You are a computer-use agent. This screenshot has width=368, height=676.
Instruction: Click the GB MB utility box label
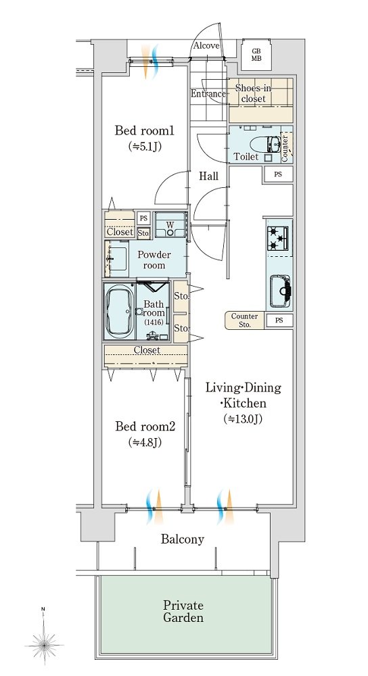tap(256, 55)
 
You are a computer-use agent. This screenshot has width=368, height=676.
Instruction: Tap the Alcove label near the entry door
tap(206, 46)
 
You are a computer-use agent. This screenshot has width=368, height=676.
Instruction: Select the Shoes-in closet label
tap(253, 93)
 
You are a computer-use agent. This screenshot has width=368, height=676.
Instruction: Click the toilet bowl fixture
tap(275, 143)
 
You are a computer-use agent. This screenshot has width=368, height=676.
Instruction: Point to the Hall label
tap(208, 176)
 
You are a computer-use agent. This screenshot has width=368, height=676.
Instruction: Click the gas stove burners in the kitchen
tap(278, 239)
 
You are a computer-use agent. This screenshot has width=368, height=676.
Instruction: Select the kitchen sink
tap(281, 291)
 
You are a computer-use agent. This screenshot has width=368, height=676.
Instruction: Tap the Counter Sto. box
tap(245, 320)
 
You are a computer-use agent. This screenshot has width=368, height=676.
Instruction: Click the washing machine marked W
tap(171, 224)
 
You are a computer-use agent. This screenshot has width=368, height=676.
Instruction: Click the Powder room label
tap(154, 260)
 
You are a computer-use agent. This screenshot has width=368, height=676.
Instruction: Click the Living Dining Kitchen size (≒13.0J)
tap(243, 418)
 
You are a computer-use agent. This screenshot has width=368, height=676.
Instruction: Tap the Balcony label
tap(183, 539)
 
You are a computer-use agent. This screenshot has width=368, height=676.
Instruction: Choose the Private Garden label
tap(183, 611)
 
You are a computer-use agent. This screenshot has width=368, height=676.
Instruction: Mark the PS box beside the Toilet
tap(278, 174)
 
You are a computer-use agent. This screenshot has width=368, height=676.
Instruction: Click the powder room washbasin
tap(116, 259)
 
